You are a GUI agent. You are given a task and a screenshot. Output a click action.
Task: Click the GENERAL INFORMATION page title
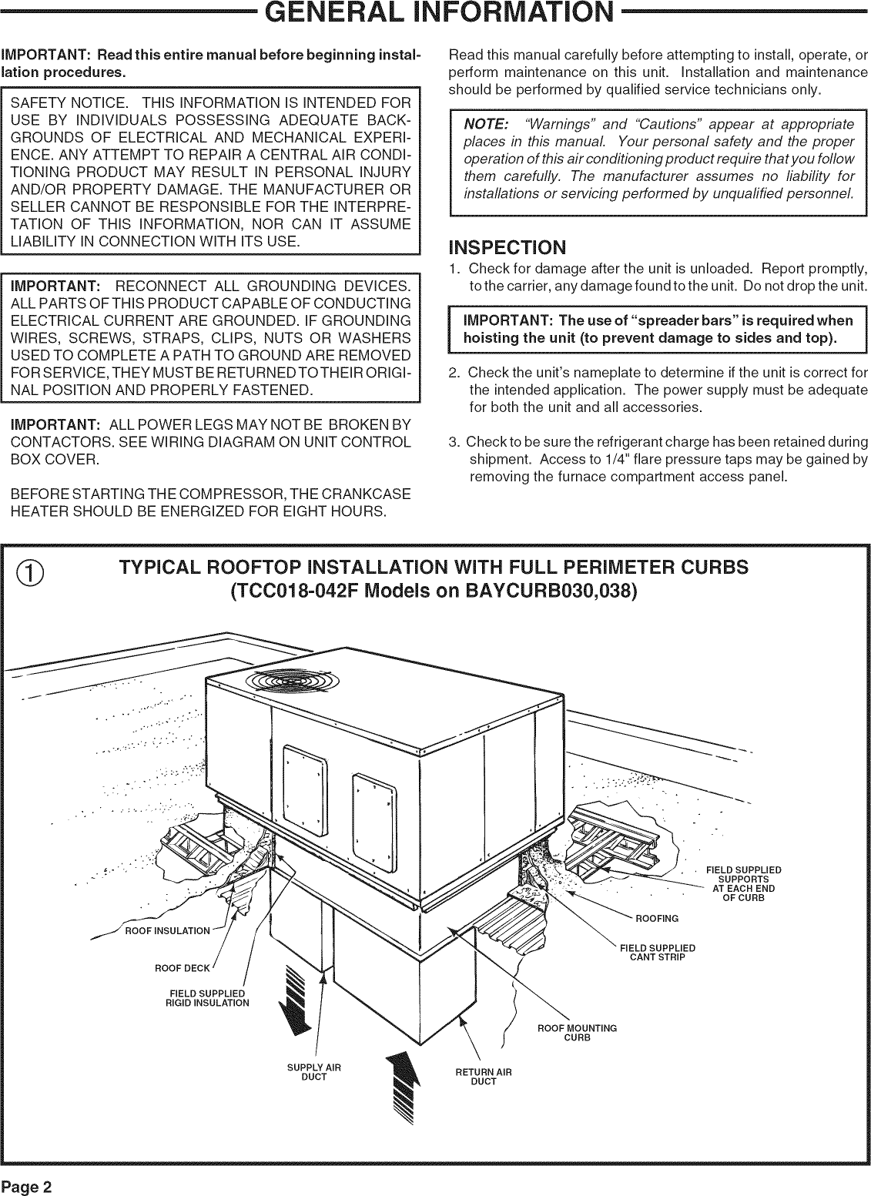click(x=435, y=14)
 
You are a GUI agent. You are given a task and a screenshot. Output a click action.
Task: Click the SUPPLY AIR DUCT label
click(x=313, y=1071)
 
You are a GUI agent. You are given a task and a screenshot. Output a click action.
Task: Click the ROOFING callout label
click(x=656, y=919)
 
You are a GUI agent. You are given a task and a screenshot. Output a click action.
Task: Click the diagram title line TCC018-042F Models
click(x=434, y=592)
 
